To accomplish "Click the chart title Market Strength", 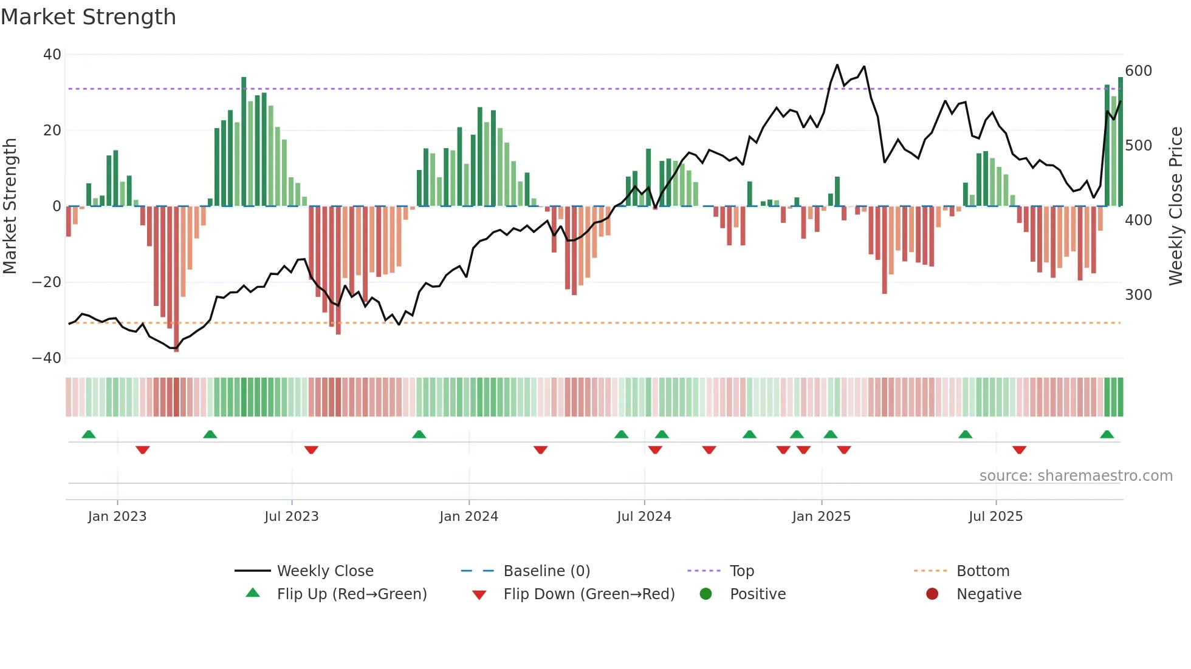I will [88, 17].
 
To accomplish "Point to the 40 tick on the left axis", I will [52, 55].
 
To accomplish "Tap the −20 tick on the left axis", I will [46, 282].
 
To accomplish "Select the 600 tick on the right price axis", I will [1138, 71].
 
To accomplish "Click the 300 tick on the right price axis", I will [1138, 295].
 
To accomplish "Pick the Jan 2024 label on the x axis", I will [469, 517].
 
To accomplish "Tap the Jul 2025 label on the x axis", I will [995, 517].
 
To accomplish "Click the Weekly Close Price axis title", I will [1176, 206].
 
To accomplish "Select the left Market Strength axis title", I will [10, 206].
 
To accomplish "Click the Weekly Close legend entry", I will [325, 571].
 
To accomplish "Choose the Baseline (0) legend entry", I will [546, 571].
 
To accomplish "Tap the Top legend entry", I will [741, 571].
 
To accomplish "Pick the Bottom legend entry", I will [983, 571].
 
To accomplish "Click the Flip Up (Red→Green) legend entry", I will [351, 594].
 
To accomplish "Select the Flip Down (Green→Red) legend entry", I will [589, 594].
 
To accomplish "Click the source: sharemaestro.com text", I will [1076, 476].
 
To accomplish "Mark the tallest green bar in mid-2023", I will [244, 140].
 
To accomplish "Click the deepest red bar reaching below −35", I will [176, 279].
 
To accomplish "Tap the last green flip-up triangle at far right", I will [1107, 435].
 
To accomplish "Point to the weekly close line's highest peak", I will [837, 65].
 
